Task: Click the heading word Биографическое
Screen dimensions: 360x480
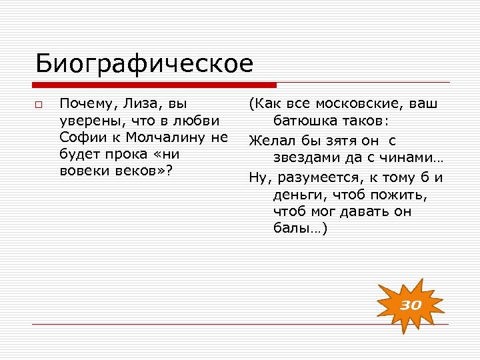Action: (x=144, y=64)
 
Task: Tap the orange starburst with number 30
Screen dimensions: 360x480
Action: (x=411, y=305)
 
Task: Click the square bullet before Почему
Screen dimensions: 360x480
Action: (x=39, y=105)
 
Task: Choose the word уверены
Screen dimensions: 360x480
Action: (x=88, y=121)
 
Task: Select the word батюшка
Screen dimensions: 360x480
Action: (x=305, y=121)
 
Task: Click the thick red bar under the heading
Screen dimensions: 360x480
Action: (x=155, y=85)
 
